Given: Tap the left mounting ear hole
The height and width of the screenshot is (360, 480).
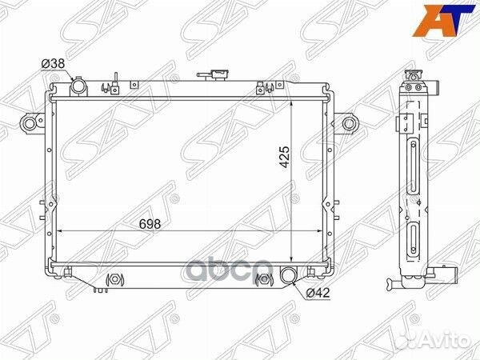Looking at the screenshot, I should (x=30, y=124).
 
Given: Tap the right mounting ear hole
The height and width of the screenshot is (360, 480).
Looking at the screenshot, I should (x=348, y=123).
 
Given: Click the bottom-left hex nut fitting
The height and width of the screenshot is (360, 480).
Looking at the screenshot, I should (x=113, y=280).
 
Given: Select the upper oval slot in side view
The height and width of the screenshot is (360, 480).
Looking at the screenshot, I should (x=412, y=164).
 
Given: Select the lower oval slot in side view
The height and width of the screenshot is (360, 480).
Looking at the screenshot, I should (x=412, y=242).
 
